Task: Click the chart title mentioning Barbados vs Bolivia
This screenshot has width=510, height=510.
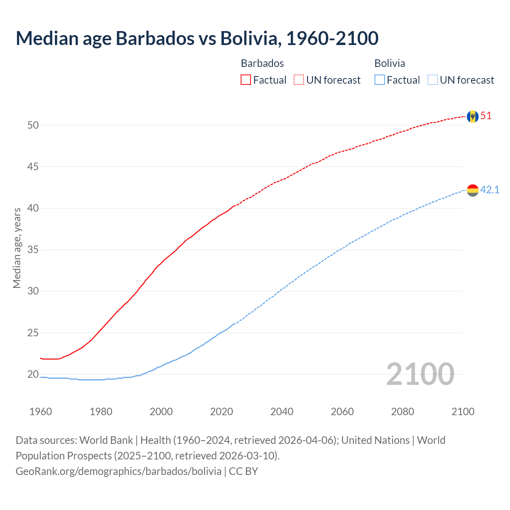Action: [197, 39]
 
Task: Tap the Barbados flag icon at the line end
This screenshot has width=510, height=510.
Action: [473, 116]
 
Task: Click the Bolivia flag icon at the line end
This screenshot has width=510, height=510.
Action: [473, 190]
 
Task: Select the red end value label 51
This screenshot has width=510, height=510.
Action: [486, 116]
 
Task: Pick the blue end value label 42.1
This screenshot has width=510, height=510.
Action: [490, 190]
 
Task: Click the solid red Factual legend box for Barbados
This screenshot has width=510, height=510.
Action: [246, 80]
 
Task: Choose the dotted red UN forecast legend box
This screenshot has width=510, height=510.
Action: [299, 80]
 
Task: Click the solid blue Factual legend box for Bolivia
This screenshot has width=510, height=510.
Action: [380, 80]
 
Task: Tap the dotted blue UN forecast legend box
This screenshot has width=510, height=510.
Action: [433, 80]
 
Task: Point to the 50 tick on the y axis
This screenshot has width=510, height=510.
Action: [33, 125]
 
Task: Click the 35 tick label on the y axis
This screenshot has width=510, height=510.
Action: [33, 250]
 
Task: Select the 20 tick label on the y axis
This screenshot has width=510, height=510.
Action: [33, 374]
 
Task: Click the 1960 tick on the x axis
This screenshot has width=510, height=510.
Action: [41, 412]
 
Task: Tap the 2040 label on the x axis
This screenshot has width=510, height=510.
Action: [282, 412]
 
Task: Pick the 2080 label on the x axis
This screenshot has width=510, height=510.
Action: [402, 412]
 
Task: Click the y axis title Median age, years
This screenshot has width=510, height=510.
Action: [17, 248]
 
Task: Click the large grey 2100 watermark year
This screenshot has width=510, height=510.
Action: [420, 374]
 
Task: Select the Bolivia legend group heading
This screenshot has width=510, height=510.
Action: [390, 63]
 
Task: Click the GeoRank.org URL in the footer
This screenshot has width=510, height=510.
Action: [118, 471]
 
